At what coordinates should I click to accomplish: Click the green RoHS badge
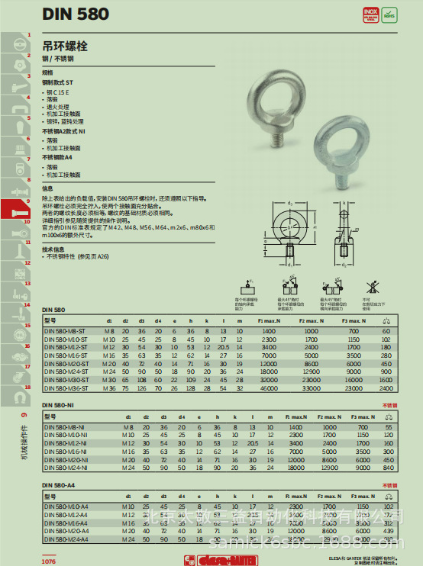click(x=389, y=14)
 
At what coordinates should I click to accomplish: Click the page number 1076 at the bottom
click(x=49, y=560)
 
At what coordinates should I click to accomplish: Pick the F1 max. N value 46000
click(x=269, y=388)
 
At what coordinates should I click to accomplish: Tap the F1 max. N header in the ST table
click(x=269, y=321)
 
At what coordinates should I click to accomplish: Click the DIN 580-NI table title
click(x=58, y=404)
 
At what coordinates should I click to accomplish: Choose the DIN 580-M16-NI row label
click(x=66, y=452)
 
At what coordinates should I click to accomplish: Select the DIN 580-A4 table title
click(x=58, y=484)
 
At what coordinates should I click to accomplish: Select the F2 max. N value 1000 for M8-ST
click(x=312, y=331)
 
